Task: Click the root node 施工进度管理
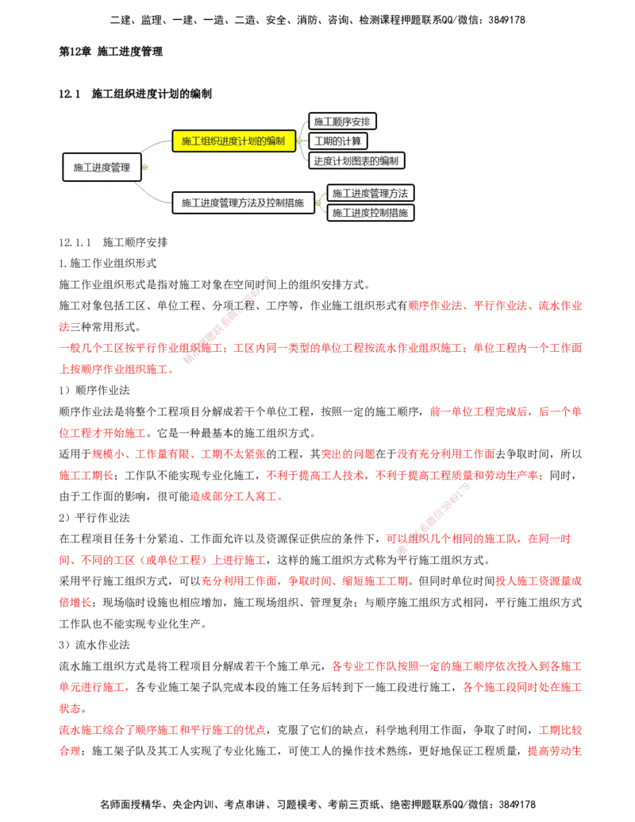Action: point(102,168)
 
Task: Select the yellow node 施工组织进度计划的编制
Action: point(233,141)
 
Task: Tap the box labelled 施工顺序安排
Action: point(342,122)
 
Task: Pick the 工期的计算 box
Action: point(338,141)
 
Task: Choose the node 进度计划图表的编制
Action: point(356,160)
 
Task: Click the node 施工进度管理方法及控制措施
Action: point(243,203)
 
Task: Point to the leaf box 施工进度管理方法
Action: point(371,193)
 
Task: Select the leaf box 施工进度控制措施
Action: point(371,213)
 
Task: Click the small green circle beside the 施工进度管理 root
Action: point(144,168)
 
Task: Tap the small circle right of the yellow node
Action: point(299,141)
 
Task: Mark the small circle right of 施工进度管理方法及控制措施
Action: point(318,203)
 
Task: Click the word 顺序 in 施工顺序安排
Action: point(342,122)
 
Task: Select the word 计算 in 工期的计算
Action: point(352,141)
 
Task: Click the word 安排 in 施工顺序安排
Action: point(361,122)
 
